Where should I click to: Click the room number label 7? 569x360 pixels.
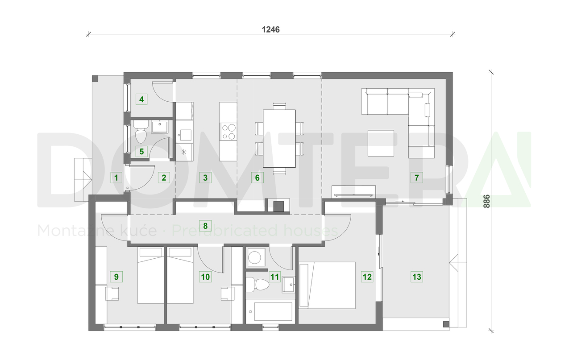pyautogui.click(x=416, y=178)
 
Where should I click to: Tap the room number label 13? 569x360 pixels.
pyautogui.click(x=416, y=277)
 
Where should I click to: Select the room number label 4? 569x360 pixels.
pyautogui.click(x=141, y=99)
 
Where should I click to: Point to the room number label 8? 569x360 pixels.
pyautogui.click(x=205, y=226)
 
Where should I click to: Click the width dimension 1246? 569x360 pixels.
pyautogui.click(x=270, y=29)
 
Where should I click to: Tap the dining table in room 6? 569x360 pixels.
pyautogui.click(x=279, y=138)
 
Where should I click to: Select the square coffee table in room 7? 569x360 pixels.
pyautogui.click(x=381, y=143)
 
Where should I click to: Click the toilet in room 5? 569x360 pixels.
pyautogui.click(x=141, y=132)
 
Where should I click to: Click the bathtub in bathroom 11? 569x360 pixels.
pyautogui.click(x=269, y=310)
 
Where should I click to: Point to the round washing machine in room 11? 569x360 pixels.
pyautogui.click(x=255, y=257)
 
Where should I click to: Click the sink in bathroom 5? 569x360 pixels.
pyautogui.click(x=159, y=127)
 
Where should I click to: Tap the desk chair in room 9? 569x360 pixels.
pyautogui.click(x=112, y=294)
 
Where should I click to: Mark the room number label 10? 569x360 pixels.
pyautogui.click(x=205, y=277)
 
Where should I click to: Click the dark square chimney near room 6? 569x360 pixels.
pyautogui.click(x=278, y=206)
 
